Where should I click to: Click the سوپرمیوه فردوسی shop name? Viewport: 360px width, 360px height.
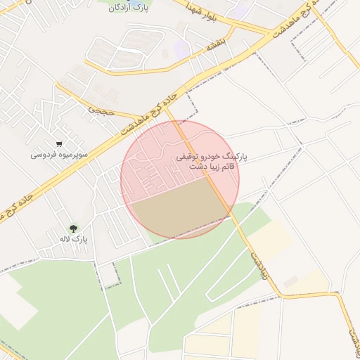coord(58,153)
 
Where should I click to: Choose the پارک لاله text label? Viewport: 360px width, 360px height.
coord(74,239)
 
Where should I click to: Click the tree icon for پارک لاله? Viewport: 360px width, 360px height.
coord(74,228)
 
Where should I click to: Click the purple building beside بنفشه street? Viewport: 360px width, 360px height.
coord(181,50)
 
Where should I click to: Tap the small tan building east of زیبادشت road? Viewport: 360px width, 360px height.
coord(290,281)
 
